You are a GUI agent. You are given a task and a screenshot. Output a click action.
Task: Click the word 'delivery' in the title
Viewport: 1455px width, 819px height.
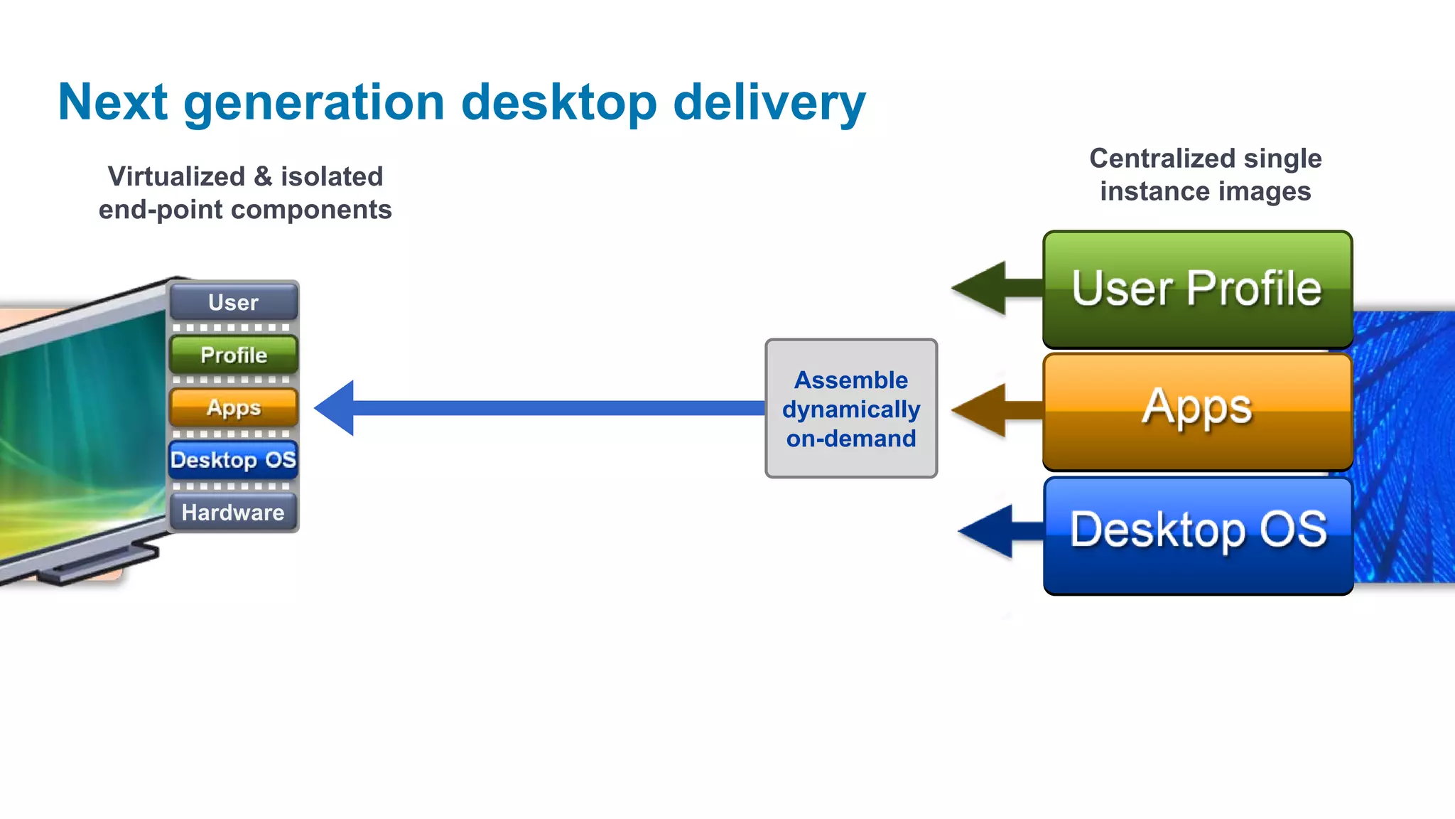click(769, 103)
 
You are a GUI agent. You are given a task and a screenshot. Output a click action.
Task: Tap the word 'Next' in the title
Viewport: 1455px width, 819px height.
click(112, 103)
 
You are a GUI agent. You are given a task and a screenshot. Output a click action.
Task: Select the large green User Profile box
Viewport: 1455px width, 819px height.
click(1197, 289)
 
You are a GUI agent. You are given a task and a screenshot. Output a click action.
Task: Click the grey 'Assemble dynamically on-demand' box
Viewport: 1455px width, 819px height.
click(851, 408)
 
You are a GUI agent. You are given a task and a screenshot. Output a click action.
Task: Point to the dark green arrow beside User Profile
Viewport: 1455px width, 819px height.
click(991, 288)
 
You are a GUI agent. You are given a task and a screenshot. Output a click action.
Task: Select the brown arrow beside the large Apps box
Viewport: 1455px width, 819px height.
click(991, 410)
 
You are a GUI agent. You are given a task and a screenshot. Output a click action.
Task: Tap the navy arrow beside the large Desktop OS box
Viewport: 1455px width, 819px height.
click(995, 531)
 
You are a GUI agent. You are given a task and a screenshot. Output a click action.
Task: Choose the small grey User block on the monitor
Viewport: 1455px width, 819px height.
click(234, 302)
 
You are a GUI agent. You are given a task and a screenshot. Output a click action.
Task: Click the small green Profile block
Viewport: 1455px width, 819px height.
click(234, 355)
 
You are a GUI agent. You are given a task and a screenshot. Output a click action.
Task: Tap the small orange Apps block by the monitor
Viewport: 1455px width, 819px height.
click(234, 407)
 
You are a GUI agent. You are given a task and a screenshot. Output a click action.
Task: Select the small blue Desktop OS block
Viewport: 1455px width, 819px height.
click(234, 460)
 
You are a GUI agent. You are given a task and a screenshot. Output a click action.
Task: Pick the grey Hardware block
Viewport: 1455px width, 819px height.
click(234, 512)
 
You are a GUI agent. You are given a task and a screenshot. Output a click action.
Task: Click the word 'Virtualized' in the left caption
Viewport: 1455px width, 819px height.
click(176, 176)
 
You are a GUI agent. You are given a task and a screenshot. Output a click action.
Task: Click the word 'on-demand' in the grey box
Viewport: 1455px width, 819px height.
click(851, 439)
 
